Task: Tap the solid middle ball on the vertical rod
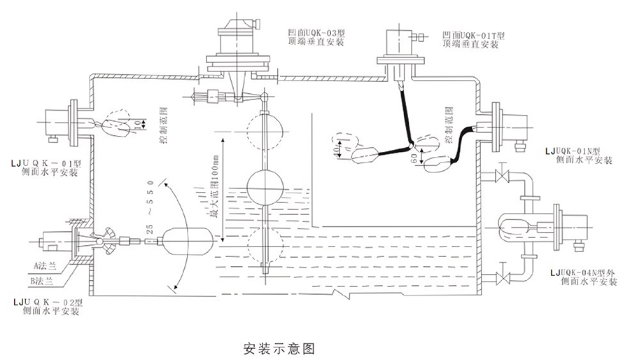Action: coord(265,188)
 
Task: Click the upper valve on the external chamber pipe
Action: coord(501,175)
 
